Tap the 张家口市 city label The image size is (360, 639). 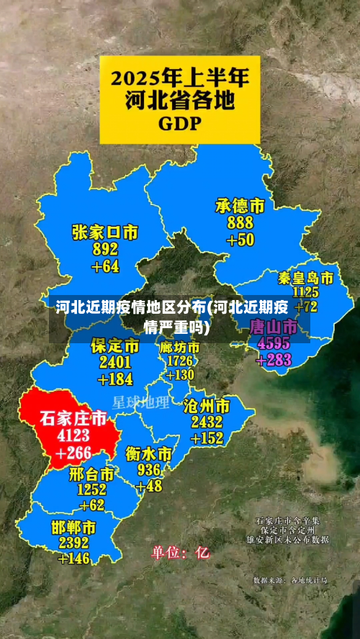point(105,232)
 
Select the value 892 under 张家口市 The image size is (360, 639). point(105,250)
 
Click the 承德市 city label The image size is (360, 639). point(240,207)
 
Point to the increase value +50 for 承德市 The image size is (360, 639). point(240,240)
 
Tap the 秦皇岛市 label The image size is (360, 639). point(306,278)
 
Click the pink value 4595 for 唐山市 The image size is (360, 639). point(274,343)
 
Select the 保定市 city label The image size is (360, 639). point(115,346)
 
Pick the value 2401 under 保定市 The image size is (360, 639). point(115,362)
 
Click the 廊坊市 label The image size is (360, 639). point(180,347)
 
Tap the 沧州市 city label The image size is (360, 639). point(207,404)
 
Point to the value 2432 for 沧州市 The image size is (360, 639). point(207,421)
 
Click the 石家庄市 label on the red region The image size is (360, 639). point(73,418)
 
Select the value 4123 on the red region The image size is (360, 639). point(73,435)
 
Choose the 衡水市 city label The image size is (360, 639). point(149,454)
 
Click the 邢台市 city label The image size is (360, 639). point(92,474)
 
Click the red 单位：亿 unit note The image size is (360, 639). point(180,553)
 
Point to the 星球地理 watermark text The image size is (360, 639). point(140,401)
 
